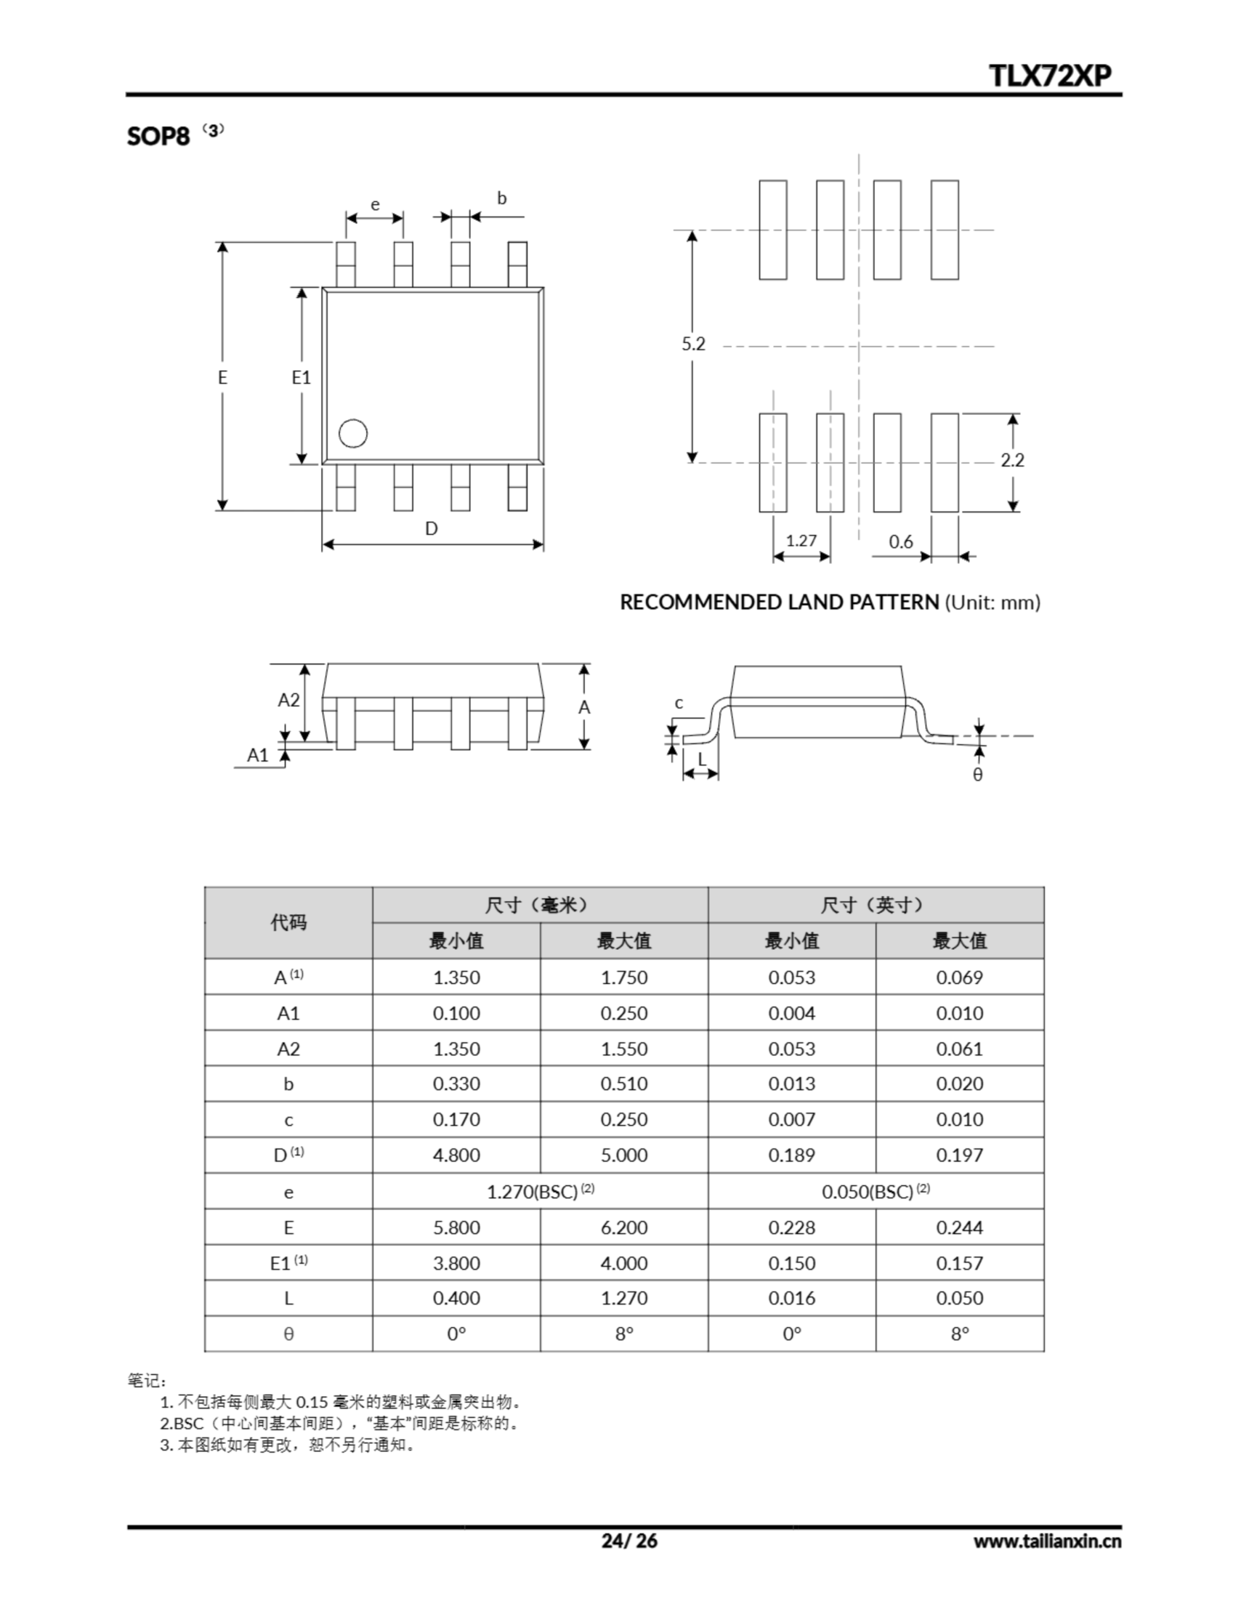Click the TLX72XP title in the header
[1050, 76]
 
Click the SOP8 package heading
[158, 136]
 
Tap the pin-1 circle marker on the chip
[353, 434]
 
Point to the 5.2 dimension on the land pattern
[694, 344]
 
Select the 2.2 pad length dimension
[1012, 460]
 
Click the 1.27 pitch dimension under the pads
[801, 541]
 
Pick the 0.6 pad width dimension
[901, 542]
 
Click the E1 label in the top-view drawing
[301, 378]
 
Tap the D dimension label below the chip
[431, 529]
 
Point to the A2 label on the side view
[289, 700]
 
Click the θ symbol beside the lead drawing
[978, 775]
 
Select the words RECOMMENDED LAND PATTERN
[779, 602]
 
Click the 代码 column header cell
[288, 923]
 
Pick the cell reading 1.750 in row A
[623, 977]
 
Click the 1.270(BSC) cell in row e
[540, 1192]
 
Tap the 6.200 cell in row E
[623, 1227]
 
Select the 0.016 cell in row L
[791, 1298]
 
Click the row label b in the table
[288, 1084]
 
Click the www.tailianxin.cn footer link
[1047, 1541]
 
